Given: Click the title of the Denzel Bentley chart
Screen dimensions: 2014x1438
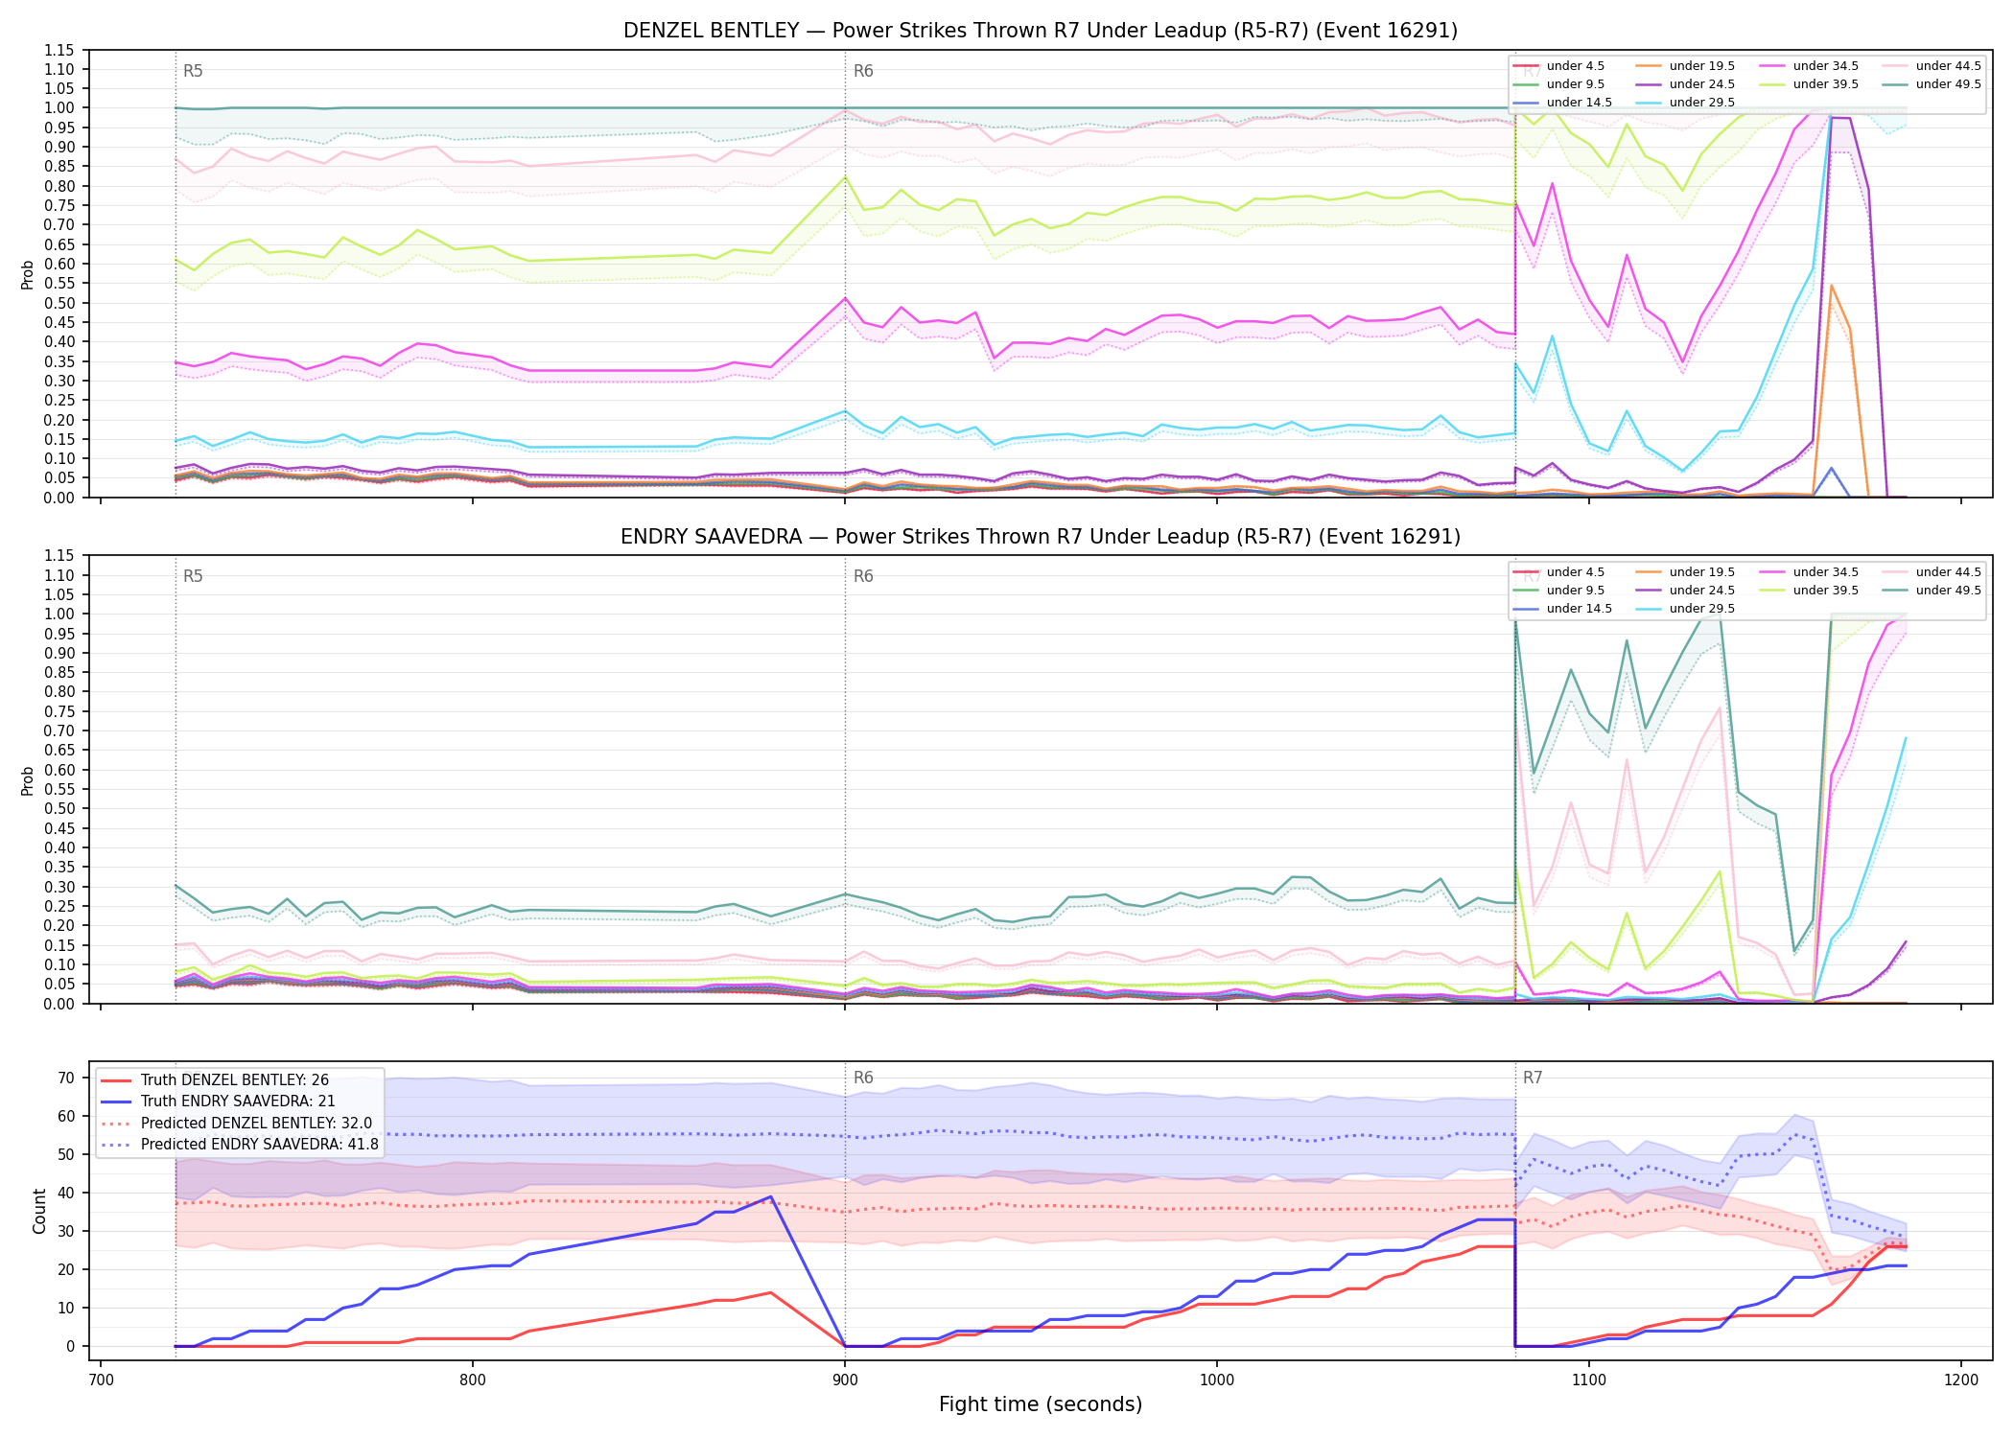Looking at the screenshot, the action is [1041, 31].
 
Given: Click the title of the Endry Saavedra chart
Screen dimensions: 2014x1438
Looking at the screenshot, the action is [1041, 537].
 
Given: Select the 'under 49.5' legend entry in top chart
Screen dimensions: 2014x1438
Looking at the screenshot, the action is [1933, 84].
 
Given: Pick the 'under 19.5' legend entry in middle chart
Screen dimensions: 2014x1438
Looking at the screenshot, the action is [1687, 572].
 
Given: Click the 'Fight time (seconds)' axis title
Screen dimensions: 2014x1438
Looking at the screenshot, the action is [1041, 1404].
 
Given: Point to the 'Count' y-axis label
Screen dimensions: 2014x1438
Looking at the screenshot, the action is [39, 1211].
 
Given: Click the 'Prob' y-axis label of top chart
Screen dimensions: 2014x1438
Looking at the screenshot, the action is [28, 274].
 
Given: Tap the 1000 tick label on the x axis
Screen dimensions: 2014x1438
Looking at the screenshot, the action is [1217, 1380].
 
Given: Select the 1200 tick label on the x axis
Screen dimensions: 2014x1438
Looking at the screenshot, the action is [1961, 1380].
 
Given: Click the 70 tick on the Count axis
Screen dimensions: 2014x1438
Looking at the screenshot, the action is [65, 1078].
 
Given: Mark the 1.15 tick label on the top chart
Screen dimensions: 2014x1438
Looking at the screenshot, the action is [59, 50].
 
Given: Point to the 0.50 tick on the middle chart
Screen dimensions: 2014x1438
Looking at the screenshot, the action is [59, 808].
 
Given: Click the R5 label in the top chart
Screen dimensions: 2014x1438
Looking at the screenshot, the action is [193, 71].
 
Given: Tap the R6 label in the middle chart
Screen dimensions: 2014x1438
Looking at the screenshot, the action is [863, 576].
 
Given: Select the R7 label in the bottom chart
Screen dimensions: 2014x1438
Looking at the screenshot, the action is [1533, 1078].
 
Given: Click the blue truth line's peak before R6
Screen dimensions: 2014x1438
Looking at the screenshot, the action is [770, 1196].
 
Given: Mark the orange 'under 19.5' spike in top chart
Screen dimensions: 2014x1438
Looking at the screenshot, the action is [1831, 286].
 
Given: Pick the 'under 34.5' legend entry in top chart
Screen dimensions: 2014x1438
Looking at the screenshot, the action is [1810, 66].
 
